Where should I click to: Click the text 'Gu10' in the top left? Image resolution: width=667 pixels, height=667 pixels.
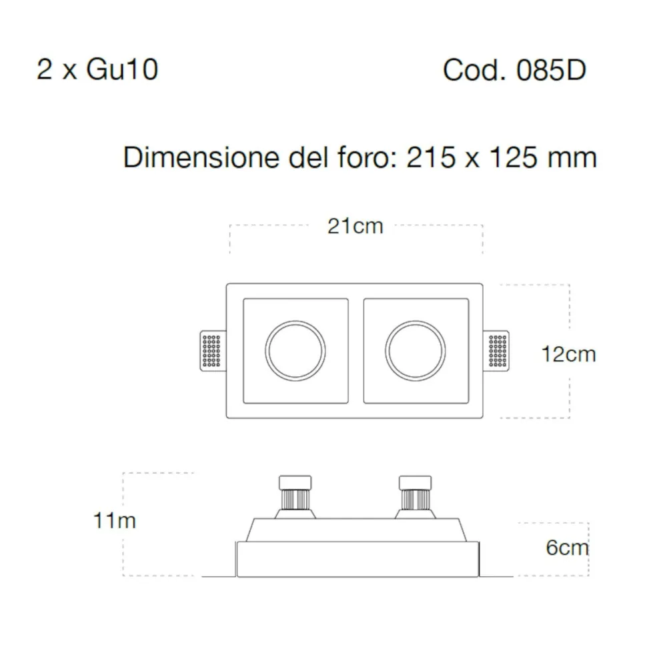[122, 69]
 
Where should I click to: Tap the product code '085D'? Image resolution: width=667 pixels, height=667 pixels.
[551, 70]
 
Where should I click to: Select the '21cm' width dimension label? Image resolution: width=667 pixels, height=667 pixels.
[356, 226]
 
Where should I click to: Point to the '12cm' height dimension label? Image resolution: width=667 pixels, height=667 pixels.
[568, 354]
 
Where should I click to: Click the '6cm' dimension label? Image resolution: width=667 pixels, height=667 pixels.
[567, 548]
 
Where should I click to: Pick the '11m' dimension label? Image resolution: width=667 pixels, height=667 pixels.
[114, 520]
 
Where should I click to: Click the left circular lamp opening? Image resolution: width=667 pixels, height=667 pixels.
[295, 350]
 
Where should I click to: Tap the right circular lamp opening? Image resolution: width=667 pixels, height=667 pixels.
[416, 350]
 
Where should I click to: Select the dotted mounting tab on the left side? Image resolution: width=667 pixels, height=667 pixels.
[211, 351]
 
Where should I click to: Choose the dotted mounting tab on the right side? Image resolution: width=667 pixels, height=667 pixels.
[499, 351]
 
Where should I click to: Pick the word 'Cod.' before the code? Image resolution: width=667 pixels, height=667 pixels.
[472, 70]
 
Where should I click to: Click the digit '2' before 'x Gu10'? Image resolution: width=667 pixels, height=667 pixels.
[44, 69]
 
